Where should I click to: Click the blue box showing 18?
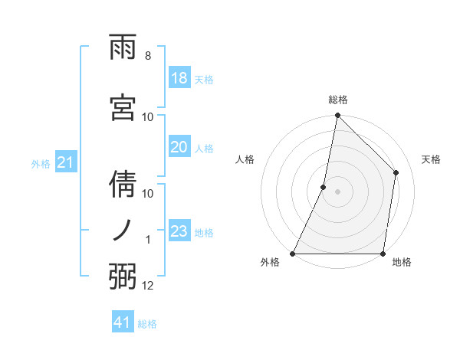click(179, 77)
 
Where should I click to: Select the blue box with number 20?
click(179, 147)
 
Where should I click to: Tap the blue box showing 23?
click(179, 231)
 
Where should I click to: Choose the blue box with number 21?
click(64, 162)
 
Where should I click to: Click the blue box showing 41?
click(123, 322)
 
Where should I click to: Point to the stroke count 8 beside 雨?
click(147, 56)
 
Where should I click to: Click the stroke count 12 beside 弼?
click(148, 286)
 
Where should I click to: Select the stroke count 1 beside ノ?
click(148, 240)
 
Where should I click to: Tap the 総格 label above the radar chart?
click(337, 100)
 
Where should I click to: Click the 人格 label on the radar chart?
click(245, 159)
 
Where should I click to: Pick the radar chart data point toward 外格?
click(293, 254)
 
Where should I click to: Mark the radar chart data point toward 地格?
click(383, 254)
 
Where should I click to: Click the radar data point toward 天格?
click(396, 172)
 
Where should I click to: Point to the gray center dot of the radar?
click(337, 191)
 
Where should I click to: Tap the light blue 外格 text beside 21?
click(41, 163)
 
